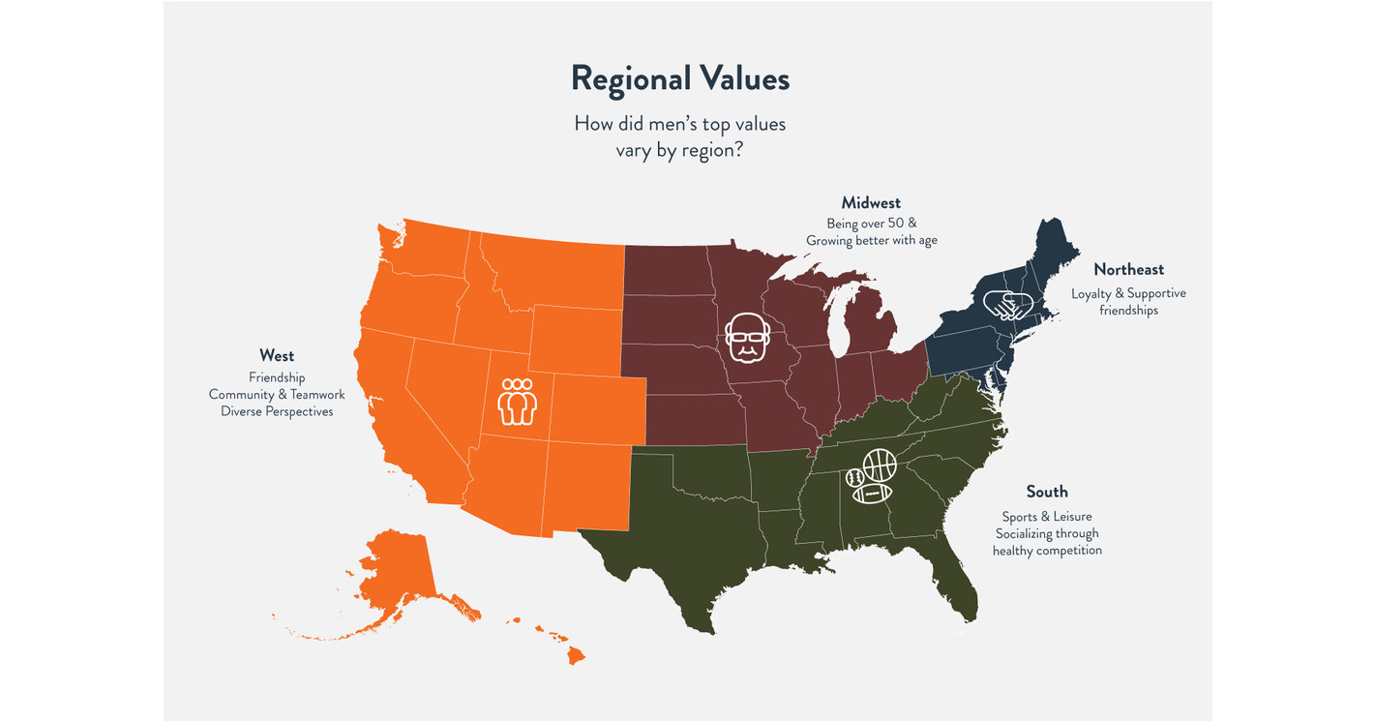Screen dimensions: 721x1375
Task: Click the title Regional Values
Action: (679, 78)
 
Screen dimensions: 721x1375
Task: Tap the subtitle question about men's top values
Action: (679, 136)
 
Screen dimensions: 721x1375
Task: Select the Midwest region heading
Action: (871, 203)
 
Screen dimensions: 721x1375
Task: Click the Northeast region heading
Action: (1128, 270)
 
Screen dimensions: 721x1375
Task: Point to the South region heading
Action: (1047, 492)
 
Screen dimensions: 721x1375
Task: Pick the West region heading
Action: (277, 356)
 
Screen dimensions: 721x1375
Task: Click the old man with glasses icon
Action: (746, 337)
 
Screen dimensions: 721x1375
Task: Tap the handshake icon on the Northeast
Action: (1007, 305)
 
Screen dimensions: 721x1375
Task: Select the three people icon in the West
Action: (517, 401)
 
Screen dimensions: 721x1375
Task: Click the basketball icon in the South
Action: (879, 466)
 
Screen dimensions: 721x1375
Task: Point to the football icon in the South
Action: (872, 494)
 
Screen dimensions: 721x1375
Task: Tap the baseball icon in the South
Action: (854, 478)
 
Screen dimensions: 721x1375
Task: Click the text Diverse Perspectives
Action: (277, 411)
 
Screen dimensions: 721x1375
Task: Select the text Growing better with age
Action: (871, 240)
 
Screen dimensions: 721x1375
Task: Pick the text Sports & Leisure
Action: (1047, 516)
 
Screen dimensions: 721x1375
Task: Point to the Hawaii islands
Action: (571, 653)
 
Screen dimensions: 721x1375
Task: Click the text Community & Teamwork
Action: (277, 394)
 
